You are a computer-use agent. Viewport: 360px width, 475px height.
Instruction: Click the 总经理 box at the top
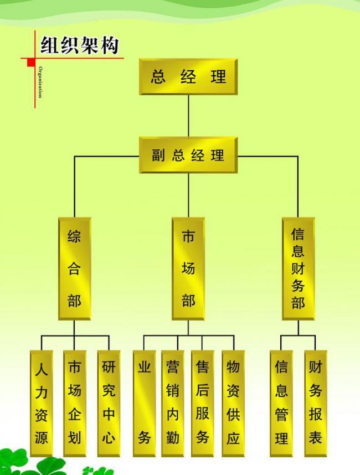(188, 77)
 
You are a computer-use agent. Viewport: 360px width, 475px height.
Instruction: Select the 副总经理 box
(188, 156)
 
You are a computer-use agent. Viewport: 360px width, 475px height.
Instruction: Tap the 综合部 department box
(74, 269)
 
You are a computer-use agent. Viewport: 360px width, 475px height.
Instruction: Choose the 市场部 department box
(188, 269)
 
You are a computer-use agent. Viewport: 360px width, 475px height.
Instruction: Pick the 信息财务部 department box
(298, 269)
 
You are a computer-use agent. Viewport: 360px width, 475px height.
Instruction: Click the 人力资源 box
(42, 403)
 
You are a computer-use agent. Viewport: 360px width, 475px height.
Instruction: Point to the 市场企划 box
(74, 403)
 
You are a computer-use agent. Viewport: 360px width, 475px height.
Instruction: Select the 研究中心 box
(109, 403)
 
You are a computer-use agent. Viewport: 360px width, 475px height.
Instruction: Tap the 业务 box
(144, 403)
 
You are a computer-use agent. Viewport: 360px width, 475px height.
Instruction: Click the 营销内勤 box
(173, 403)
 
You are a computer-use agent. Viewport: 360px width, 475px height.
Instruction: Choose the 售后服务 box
(202, 403)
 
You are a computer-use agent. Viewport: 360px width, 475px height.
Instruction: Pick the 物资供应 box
(233, 403)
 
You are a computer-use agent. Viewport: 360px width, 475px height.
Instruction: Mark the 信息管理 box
(281, 403)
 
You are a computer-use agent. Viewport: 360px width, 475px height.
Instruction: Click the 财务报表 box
(315, 403)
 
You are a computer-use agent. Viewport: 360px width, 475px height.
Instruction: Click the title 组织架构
(79, 45)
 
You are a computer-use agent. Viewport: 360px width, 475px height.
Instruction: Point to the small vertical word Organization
(40, 81)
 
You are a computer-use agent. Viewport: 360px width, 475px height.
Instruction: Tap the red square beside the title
(31, 62)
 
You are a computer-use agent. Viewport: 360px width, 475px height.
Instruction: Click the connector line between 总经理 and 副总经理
(188, 116)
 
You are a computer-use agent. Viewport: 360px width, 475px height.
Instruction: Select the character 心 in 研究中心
(109, 437)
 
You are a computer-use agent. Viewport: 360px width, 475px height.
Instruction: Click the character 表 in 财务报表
(315, 437)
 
